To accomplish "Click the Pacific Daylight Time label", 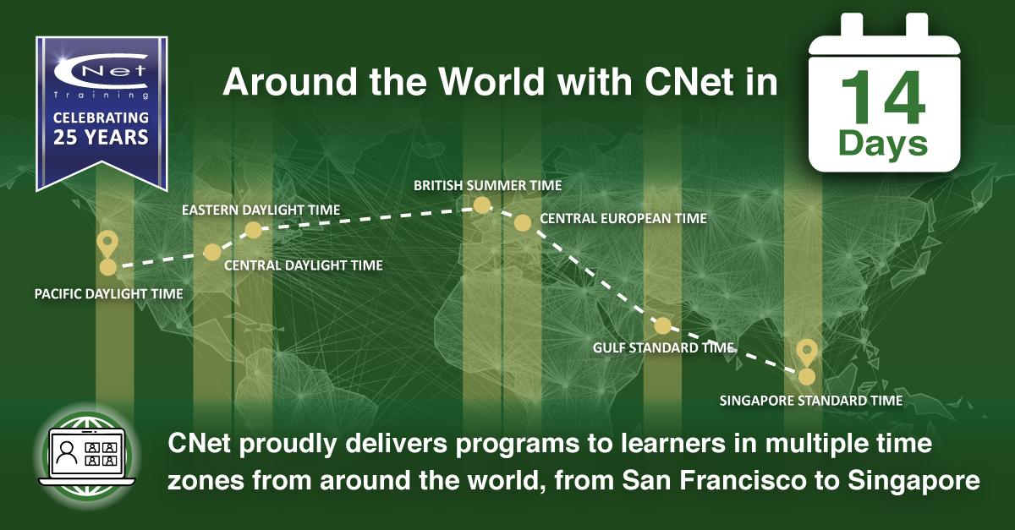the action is [x=109, y=294].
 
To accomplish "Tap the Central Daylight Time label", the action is [x=304, y=265].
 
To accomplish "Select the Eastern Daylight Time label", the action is [x=261, y=210].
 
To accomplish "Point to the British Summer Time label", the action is [x=487, y=186].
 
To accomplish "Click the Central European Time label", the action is [x=623, y=219].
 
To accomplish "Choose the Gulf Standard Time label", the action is [x=664, y=348].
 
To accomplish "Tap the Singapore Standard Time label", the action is [x=811, y=401].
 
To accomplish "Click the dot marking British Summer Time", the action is [x=481, y=205].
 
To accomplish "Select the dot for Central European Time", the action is [x=523, y=223].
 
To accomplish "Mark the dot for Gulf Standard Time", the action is [x=662, y=325].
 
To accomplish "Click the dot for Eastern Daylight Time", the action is [x=253, y=230].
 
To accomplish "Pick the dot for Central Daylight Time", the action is [x=212, y=252].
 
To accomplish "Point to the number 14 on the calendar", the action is [x=883, y=97].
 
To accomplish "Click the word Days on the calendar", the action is [x=883, y=145].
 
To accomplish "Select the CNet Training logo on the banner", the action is [x=101, y=75].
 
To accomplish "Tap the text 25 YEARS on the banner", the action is [x=101, y=137].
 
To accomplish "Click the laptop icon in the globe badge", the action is [x=87, y=457].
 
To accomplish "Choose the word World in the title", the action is [x=491, y=82].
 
